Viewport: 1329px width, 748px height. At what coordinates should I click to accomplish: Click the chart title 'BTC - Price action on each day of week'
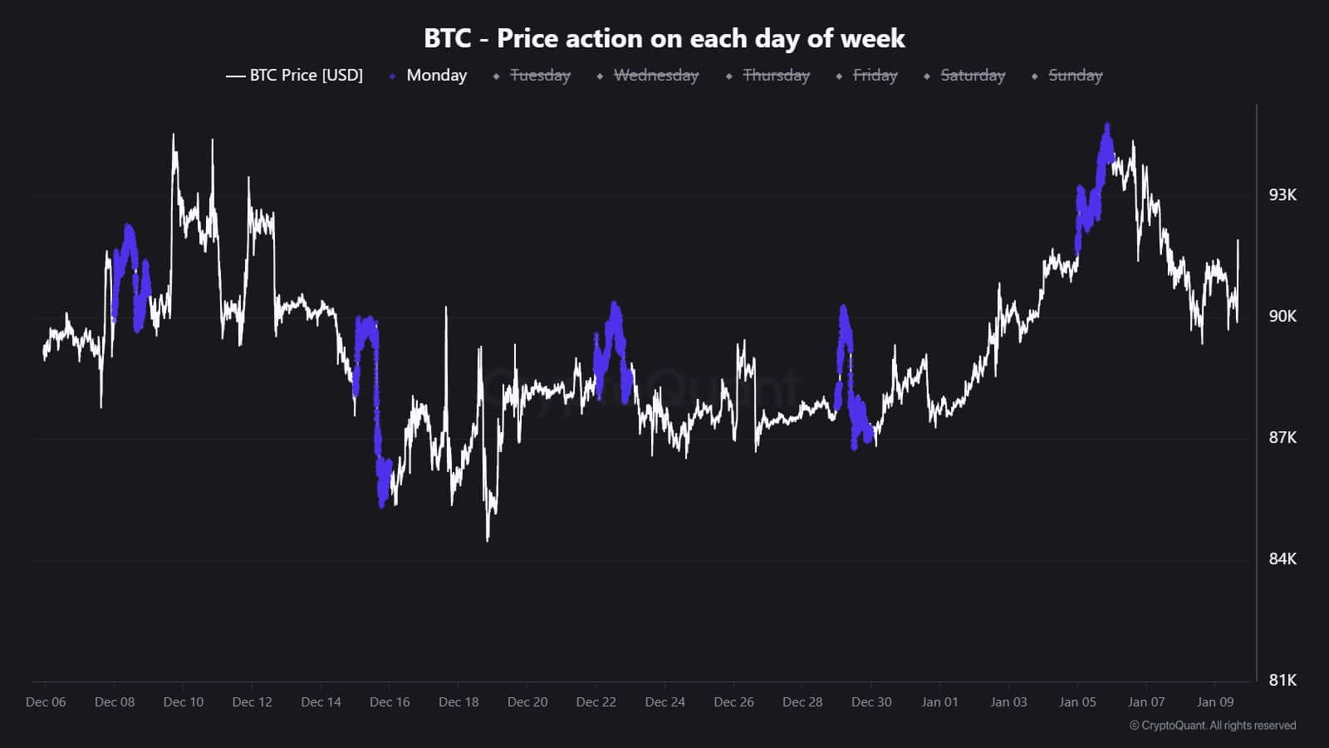tap(664, 38)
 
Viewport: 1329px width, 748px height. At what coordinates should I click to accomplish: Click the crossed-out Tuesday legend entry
tap(540, 76)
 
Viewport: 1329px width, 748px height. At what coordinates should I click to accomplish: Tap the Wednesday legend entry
tap(655, 76)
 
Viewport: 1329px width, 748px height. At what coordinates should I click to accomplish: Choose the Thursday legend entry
tap(776, 76)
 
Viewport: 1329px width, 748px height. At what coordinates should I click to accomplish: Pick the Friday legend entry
tap(875, 76)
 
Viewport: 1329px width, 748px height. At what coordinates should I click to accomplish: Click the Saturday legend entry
tap(972, 76)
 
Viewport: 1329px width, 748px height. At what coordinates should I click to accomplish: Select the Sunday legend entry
tap(1075, 76)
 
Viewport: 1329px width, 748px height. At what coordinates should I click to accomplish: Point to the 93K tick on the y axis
tap(1282, 195)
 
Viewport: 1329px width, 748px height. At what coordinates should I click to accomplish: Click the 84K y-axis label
tap(1282, 559)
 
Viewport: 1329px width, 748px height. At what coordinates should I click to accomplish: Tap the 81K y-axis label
tap(1282, 681)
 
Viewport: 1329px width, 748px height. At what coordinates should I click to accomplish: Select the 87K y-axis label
tap(1282, 438)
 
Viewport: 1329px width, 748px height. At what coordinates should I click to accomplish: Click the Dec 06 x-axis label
tap(46, 702)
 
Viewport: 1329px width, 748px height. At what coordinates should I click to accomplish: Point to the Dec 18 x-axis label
tap(459, 702)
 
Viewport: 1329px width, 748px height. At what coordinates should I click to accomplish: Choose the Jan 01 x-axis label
tap(939, 702)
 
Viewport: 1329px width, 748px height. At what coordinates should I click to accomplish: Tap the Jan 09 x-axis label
tap(1214, 702)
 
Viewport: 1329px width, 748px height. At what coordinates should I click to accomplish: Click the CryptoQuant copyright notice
tap(1212, 726)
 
